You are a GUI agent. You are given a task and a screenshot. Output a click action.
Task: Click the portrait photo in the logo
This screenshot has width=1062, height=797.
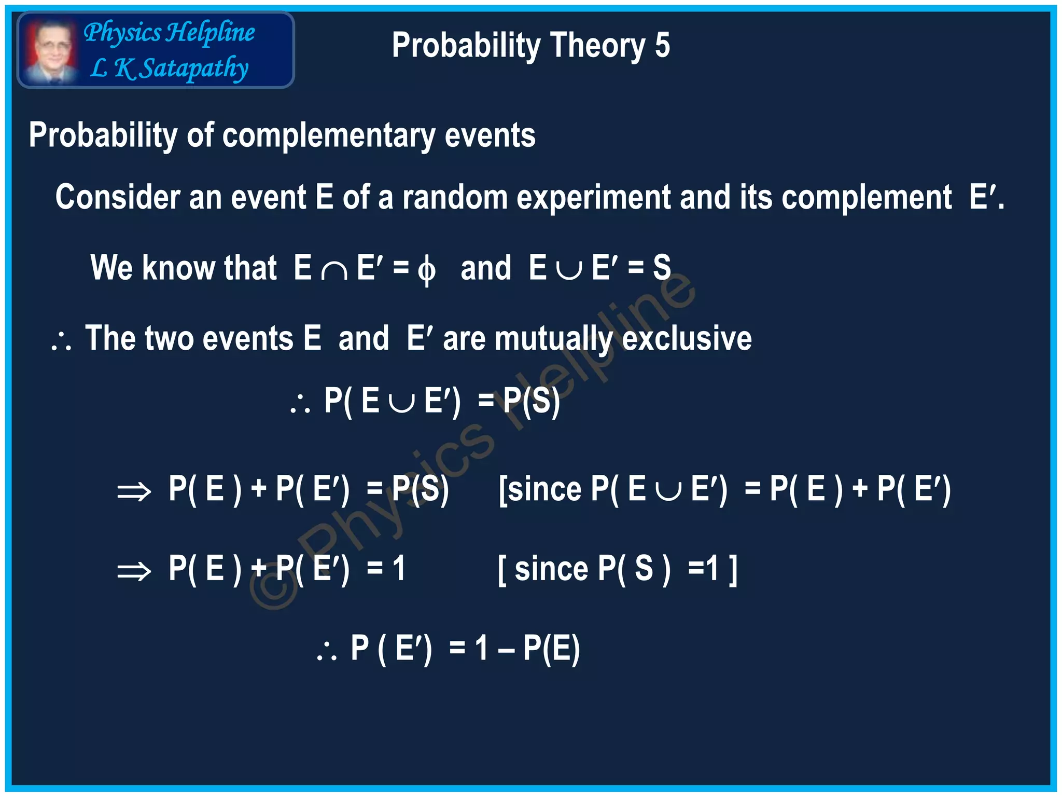point(50,50)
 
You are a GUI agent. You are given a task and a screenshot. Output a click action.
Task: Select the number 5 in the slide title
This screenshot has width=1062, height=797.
point(662,46)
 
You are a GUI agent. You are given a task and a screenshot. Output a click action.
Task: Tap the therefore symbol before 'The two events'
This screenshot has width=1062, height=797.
point(62,342)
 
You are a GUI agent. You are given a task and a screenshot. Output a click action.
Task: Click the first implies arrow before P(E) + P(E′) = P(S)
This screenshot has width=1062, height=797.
point(134,491)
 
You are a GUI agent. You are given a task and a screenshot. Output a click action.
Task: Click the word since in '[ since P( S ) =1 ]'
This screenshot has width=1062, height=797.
point(551,569)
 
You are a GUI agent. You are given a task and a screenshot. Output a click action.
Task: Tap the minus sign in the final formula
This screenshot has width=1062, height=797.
point(506,650)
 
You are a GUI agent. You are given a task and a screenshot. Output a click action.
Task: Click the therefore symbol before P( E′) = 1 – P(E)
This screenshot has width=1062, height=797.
point(327,652)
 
